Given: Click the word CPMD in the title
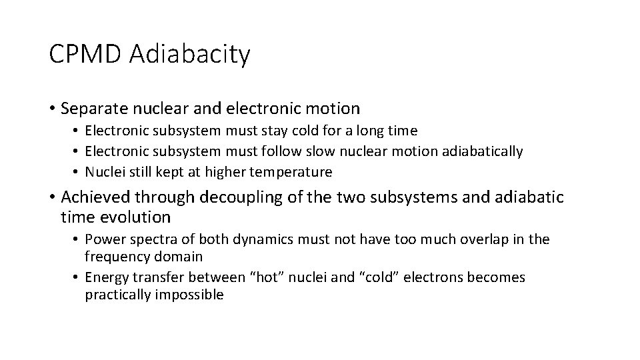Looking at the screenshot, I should [x=85, y=54].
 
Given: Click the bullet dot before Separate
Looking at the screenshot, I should [x=53, y=108].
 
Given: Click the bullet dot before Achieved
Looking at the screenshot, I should [x=53, y=197].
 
